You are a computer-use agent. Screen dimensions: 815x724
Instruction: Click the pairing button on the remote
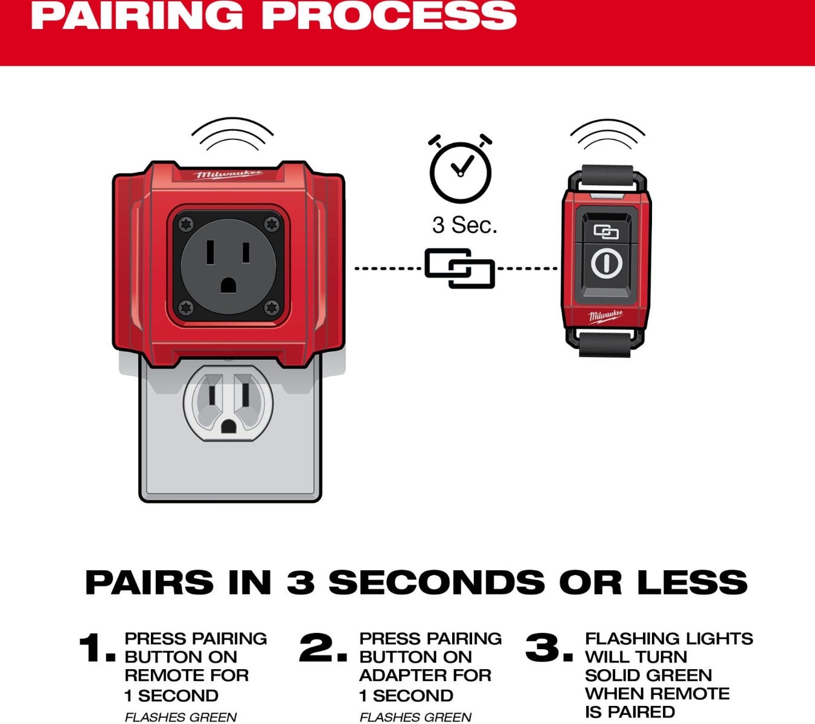(606, 232)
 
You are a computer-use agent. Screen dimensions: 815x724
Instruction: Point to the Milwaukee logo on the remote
(606, 316)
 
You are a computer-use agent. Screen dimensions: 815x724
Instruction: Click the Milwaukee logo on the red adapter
(228, 174)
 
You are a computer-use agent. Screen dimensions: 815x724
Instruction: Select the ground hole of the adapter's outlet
(228, 286)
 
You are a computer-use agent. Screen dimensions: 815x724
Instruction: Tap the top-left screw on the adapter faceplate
(186, 224)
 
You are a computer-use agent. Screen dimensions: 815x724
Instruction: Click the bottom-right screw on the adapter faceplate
(272, 308)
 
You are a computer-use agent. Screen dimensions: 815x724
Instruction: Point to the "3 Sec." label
(465, 225)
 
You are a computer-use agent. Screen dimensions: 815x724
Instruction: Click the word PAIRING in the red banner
(137, 15)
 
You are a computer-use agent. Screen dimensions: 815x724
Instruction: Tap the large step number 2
(322, 647)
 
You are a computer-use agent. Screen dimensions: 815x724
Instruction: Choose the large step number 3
(549, 647)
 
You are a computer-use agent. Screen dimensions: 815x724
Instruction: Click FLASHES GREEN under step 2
(415, 717)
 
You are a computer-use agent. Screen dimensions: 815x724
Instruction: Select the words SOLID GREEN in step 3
(648, 675)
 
